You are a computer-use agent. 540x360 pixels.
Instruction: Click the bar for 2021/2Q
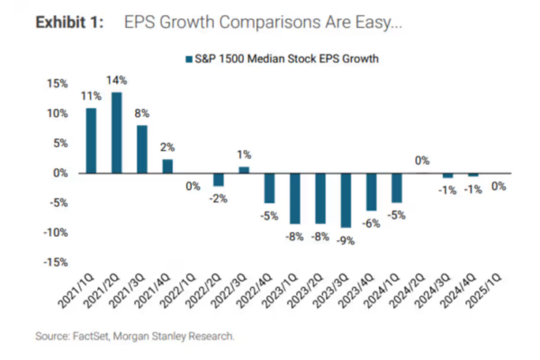click(x=117, y=132)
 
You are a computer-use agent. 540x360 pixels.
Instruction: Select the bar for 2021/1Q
click(x=91, y=140)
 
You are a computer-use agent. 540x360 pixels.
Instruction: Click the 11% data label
click(x=90, y=95)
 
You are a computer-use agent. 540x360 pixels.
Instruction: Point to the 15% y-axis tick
click(x=56, y=84)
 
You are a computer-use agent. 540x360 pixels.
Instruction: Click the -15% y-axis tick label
click(x=54, y=262)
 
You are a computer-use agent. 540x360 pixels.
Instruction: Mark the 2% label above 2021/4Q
click(x=167, y=148)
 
